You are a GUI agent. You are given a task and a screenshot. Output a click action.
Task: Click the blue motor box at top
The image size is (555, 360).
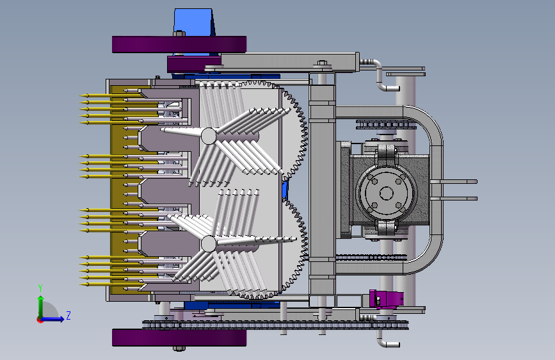(x=193, y=22)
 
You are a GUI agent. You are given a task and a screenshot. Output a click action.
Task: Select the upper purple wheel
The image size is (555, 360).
(x=179, y=44)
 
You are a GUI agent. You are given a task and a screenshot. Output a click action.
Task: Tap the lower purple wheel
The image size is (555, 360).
(x=179, y=338)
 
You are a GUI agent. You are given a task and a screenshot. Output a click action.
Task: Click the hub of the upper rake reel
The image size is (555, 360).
(x=209, y=136)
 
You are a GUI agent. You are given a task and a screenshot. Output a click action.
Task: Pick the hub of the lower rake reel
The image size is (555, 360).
(x=209, y=244)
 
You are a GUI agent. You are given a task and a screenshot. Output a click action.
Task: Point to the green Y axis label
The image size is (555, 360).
(x=40, y=288)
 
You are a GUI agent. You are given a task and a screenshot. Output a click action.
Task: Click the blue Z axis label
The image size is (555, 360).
(x=68, y=315)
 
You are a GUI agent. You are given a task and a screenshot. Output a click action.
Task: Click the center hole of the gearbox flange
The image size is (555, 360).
(x=386, y=193)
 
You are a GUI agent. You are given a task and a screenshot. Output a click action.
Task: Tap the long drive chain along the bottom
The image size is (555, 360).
(x=276, y=325)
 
